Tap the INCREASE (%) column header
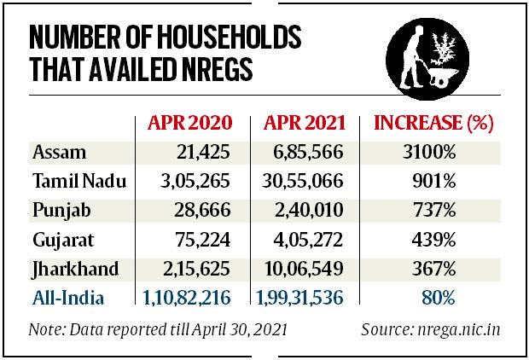(x=434, y=122)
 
